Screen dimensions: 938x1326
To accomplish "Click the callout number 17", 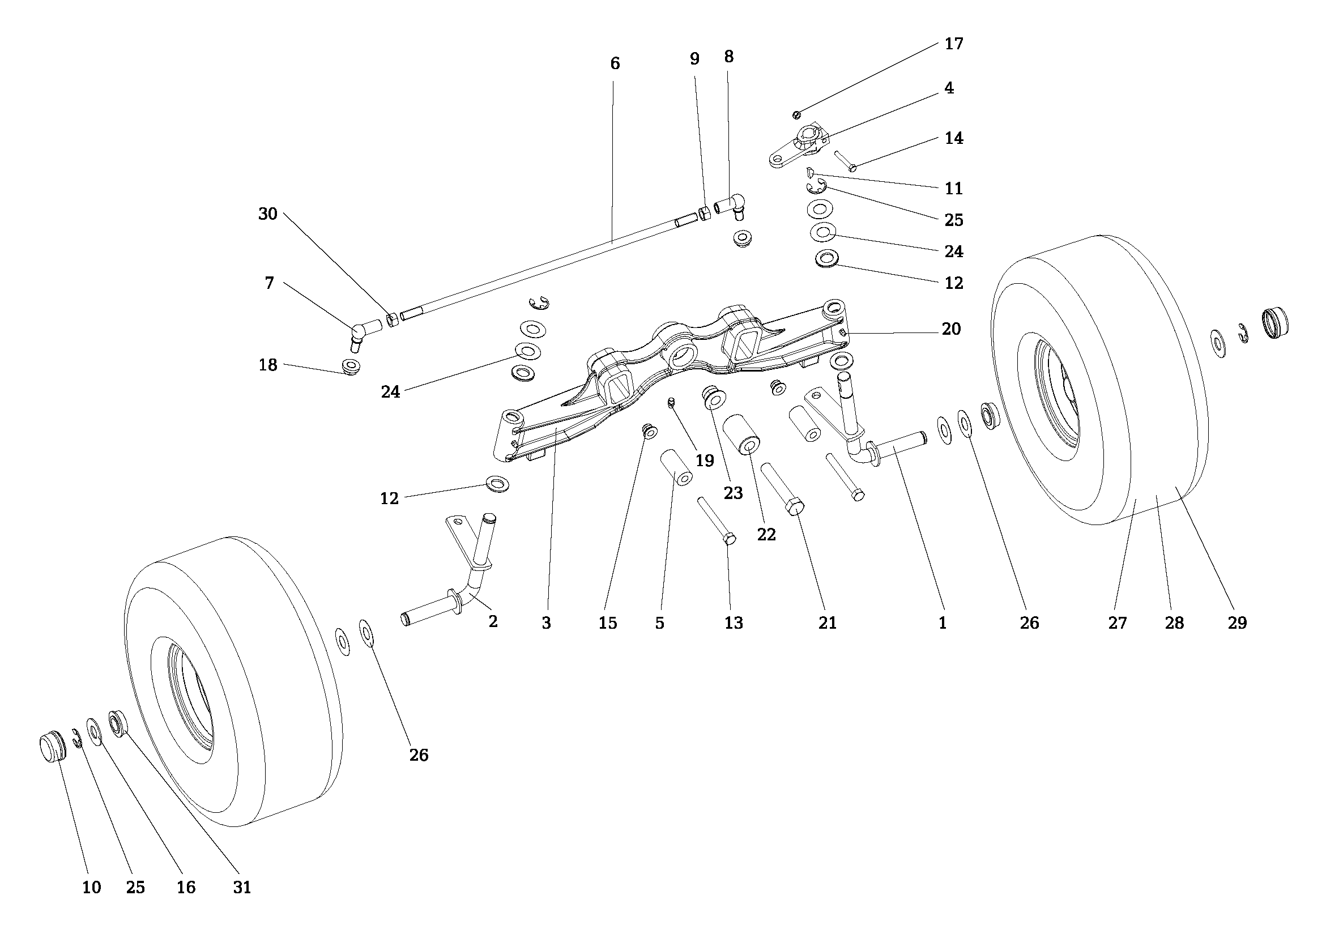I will coord(953,44).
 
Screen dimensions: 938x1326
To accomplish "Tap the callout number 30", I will coord(267,214).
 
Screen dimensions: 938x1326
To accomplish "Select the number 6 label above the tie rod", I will coord(615,63).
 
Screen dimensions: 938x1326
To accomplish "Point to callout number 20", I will coord(950,329).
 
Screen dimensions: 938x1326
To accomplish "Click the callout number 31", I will coord(242,887).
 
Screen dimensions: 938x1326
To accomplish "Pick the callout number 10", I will coord(91,887).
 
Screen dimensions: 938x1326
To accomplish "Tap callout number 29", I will coord(1237,623).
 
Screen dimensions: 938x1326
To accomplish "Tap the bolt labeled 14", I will coord(845,160).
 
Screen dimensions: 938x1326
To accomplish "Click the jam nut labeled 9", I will coord(705,213).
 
